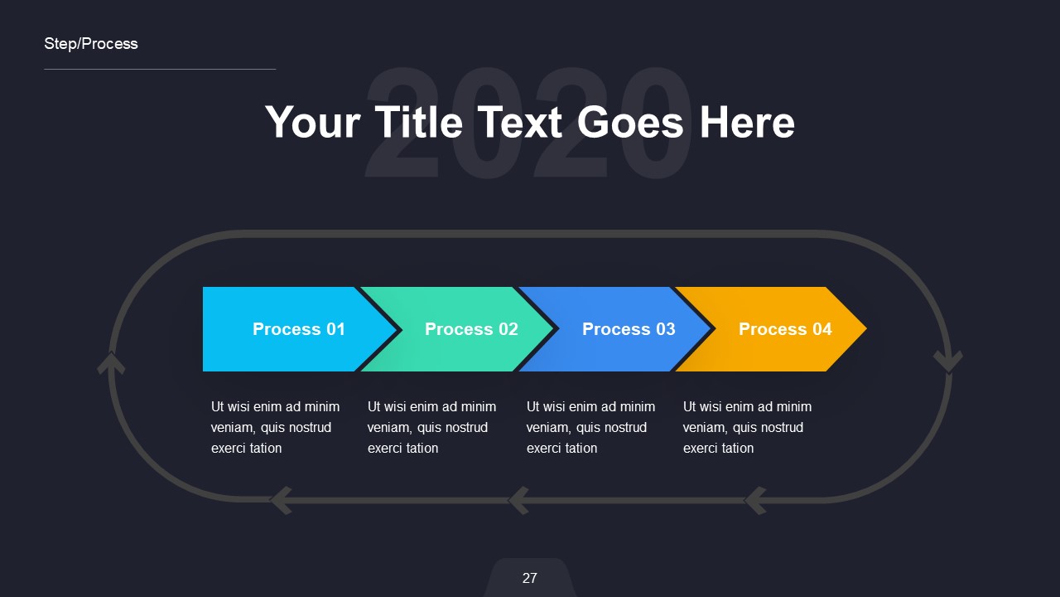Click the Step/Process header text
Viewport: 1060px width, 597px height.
[91, 44]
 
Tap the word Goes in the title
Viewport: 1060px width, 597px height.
[630, 122]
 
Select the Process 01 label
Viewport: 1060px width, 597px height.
[298, 329]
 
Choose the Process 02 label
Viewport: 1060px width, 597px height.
[471, 329]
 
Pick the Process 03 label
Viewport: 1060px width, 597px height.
[629, 329]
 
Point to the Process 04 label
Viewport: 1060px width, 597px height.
[785, 329]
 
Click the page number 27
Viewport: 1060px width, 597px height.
[530, 578]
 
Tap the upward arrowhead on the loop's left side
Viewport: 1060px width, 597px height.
[111, 363]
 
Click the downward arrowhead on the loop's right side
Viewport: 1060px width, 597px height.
[948, 361]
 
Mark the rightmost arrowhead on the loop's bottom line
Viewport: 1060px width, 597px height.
[755, 500]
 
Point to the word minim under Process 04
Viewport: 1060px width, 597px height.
[793, 407]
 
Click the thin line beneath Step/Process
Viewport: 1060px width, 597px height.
[160, 69]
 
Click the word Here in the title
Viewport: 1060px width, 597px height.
[747, 122]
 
